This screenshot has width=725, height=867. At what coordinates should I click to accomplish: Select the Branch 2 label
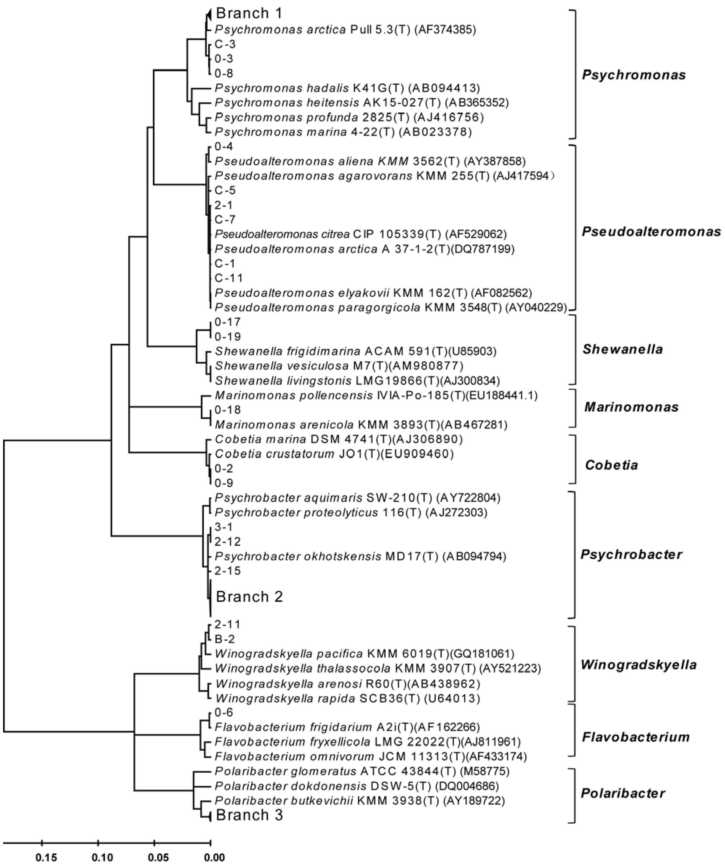(249, 596)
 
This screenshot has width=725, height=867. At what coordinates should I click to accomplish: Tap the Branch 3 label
(249, 815)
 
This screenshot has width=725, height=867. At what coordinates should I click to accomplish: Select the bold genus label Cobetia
(612, 465)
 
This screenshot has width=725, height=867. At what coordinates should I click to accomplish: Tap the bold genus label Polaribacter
(623, 793)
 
